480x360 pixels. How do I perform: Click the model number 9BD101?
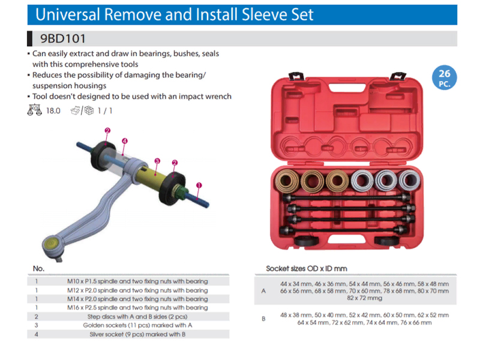click(63, 38)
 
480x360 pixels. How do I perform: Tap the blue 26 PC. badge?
click(444, 77)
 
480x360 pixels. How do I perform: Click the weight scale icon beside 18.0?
click(34, 110)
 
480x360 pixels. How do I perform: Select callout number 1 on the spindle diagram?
click(199, 185)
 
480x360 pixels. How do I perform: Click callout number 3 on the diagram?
click(157, 161)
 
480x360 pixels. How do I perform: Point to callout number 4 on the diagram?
click(124, 141)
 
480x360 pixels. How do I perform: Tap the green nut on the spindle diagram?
click(181, 191)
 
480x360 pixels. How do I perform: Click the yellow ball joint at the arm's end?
click(50, 243)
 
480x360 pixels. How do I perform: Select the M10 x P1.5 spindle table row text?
click(137, 281)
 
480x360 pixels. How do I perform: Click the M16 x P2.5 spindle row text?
click(137, 307)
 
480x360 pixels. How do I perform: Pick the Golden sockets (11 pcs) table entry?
click(137, 325)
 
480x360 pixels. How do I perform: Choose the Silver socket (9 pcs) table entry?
click(137, 334)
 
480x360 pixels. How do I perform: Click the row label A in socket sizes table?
click(263, 291)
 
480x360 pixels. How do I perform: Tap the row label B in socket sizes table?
click(263, 319)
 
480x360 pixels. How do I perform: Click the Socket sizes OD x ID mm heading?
click(307, 268)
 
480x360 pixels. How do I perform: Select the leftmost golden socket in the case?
click(287, 181)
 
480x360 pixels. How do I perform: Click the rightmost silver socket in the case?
click(410, 181)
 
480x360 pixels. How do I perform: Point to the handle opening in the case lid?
click(347, 88)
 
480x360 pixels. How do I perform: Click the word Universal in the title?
click(68, 14)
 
